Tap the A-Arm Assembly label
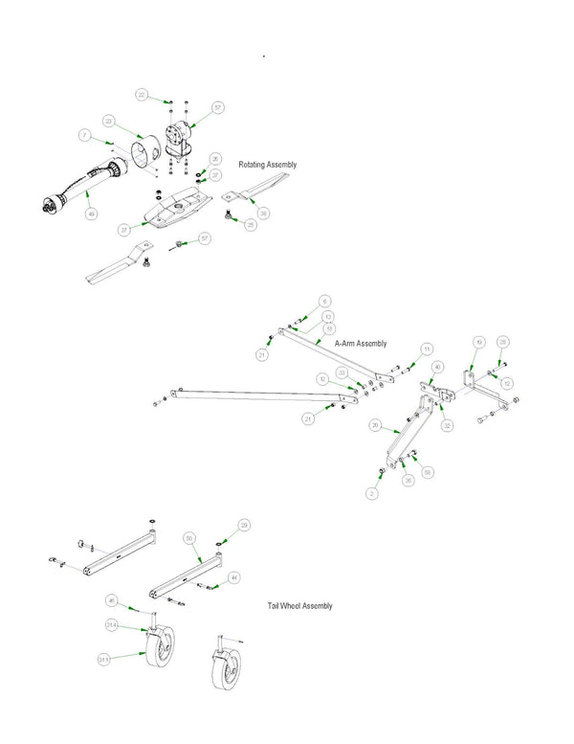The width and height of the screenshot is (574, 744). (x=361, y=343)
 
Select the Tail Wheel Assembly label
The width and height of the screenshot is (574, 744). (x=300, y=606)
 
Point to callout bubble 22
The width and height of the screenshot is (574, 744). (x=142, y=96)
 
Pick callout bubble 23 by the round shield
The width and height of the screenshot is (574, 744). (x=110, y=122)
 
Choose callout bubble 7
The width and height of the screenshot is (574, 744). (x=84, y=138)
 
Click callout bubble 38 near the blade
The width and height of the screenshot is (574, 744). (x=263, y=213)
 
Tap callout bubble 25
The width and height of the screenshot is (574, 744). (x=251, y=225)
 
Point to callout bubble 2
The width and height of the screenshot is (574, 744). (x=374, y=494)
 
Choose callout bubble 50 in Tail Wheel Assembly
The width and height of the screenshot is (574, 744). (x=190, y=539)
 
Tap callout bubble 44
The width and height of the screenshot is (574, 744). (x=234, y=577)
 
